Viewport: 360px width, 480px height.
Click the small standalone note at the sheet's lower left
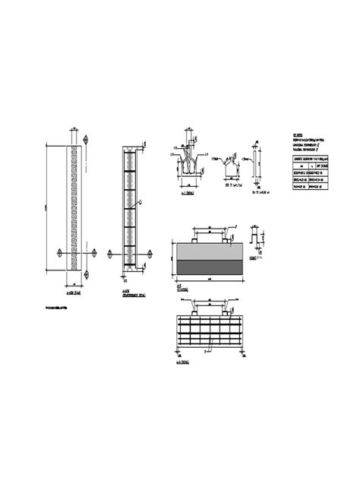click(60, 308)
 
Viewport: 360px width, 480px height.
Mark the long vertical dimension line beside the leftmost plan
click(50, 207)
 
